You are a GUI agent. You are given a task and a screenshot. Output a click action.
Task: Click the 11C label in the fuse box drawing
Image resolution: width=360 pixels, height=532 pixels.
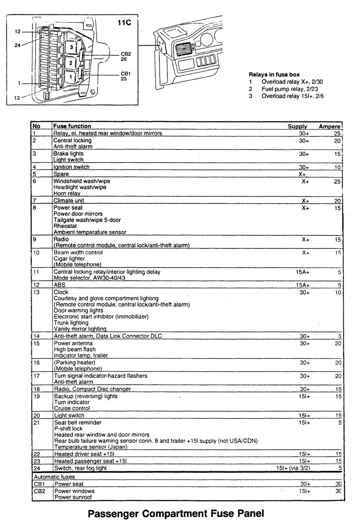coord(124,23)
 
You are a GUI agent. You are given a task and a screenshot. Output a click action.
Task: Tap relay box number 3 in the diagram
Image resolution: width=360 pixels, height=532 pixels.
coord(71,47)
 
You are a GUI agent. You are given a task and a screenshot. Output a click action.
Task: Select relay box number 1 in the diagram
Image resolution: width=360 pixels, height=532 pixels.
coord(71,77)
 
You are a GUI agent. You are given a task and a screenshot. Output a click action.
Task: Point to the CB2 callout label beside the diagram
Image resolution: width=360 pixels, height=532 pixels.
coord(125,54)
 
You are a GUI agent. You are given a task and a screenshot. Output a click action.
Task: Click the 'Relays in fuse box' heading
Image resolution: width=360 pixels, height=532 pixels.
coord(274,75)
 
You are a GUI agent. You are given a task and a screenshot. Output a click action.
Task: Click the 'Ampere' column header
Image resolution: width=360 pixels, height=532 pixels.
coord(329,127)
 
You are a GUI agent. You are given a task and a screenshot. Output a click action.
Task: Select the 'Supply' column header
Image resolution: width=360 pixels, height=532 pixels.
coord(297,127)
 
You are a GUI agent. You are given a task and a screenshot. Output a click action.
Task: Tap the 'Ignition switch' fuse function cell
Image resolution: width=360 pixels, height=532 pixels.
coord(71,167)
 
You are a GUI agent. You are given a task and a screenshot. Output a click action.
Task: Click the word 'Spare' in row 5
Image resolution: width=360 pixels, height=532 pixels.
coord(61,174)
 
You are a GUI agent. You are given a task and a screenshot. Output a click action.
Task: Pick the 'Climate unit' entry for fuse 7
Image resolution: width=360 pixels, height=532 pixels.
coord(69,200)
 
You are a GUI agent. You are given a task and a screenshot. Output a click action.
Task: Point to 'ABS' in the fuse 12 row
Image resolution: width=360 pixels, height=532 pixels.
coord(59,285)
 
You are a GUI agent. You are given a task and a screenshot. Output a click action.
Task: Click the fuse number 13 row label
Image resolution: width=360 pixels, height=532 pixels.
coord(36,292)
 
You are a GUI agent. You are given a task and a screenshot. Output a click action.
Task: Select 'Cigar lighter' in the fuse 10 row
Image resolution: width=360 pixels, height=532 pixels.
coord(69,259)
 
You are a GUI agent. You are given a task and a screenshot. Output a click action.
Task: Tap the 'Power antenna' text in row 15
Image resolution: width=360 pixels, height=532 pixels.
coord(73,343)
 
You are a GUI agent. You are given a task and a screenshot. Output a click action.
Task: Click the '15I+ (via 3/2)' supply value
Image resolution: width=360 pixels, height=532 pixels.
coord(293,468)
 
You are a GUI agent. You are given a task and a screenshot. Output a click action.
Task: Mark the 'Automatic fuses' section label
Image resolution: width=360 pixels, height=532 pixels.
coord(54,476)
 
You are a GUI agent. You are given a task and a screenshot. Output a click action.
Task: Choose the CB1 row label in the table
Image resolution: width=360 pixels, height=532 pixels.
coord(38,484)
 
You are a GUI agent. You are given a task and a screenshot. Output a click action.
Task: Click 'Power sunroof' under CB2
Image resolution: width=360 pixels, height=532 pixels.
coord(73,497)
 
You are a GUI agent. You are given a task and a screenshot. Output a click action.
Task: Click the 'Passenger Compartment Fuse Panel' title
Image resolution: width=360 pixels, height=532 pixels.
coord(176,514)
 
